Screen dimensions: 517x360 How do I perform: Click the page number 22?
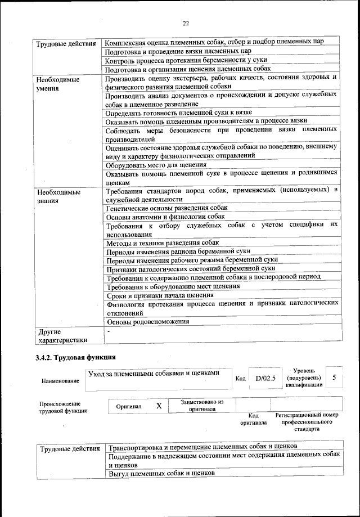[x=186, y=23]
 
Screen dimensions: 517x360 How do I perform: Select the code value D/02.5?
[x=265, y=378]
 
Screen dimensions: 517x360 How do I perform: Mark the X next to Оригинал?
[x=159, y=406]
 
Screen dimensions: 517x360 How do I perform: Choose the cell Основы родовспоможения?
[x=147, y=322]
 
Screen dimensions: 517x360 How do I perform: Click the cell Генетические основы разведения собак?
[x=166, y=208]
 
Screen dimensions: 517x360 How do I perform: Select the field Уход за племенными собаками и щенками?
[x=153, y=372]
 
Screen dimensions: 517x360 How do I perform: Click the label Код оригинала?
[x=253, y=419]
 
